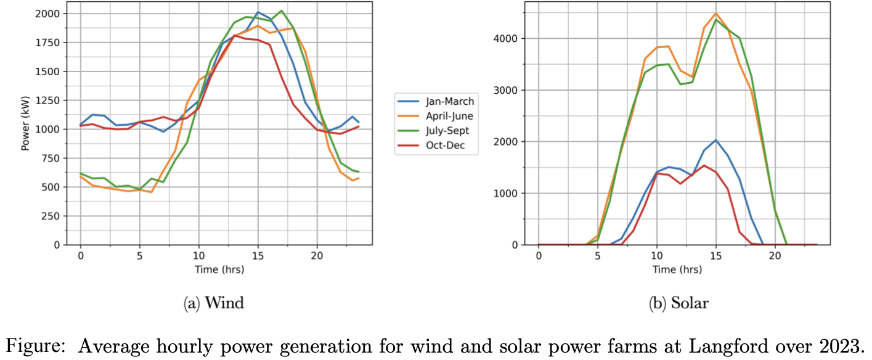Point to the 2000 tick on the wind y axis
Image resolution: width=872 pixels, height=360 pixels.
coord(52,14)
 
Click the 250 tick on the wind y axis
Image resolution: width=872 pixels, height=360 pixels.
coord(54,216)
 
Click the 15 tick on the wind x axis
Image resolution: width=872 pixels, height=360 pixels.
coord(258,256)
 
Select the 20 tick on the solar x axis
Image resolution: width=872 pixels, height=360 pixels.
coord(774,256)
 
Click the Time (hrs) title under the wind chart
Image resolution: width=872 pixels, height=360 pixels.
coord(218,270)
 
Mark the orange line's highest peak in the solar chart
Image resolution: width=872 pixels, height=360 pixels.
coord(715,14)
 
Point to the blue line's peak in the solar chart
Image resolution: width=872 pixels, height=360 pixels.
coord(715,140)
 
